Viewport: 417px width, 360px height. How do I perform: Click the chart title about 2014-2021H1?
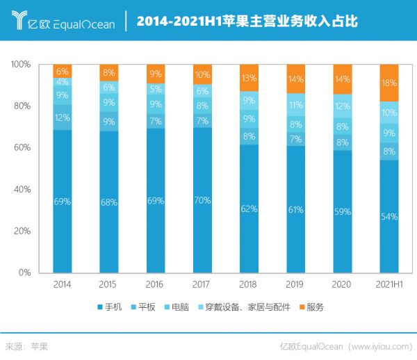[247, 22]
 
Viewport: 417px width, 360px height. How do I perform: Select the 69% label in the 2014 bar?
[63, 202]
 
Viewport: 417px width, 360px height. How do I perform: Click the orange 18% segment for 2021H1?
[389, 83]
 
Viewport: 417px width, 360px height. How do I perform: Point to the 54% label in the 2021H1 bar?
[389, 216]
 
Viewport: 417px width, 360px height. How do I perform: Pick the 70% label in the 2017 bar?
[202, 201]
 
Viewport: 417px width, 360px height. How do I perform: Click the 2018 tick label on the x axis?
[249, 284]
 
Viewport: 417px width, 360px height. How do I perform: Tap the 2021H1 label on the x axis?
[389, 284]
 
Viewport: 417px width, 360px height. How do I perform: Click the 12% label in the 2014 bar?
[63, 117]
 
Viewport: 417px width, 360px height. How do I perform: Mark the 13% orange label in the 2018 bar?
[249, 77]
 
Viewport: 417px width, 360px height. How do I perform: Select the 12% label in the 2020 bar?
[342, 106]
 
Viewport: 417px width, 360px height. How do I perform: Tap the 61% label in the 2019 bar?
[295, 210]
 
